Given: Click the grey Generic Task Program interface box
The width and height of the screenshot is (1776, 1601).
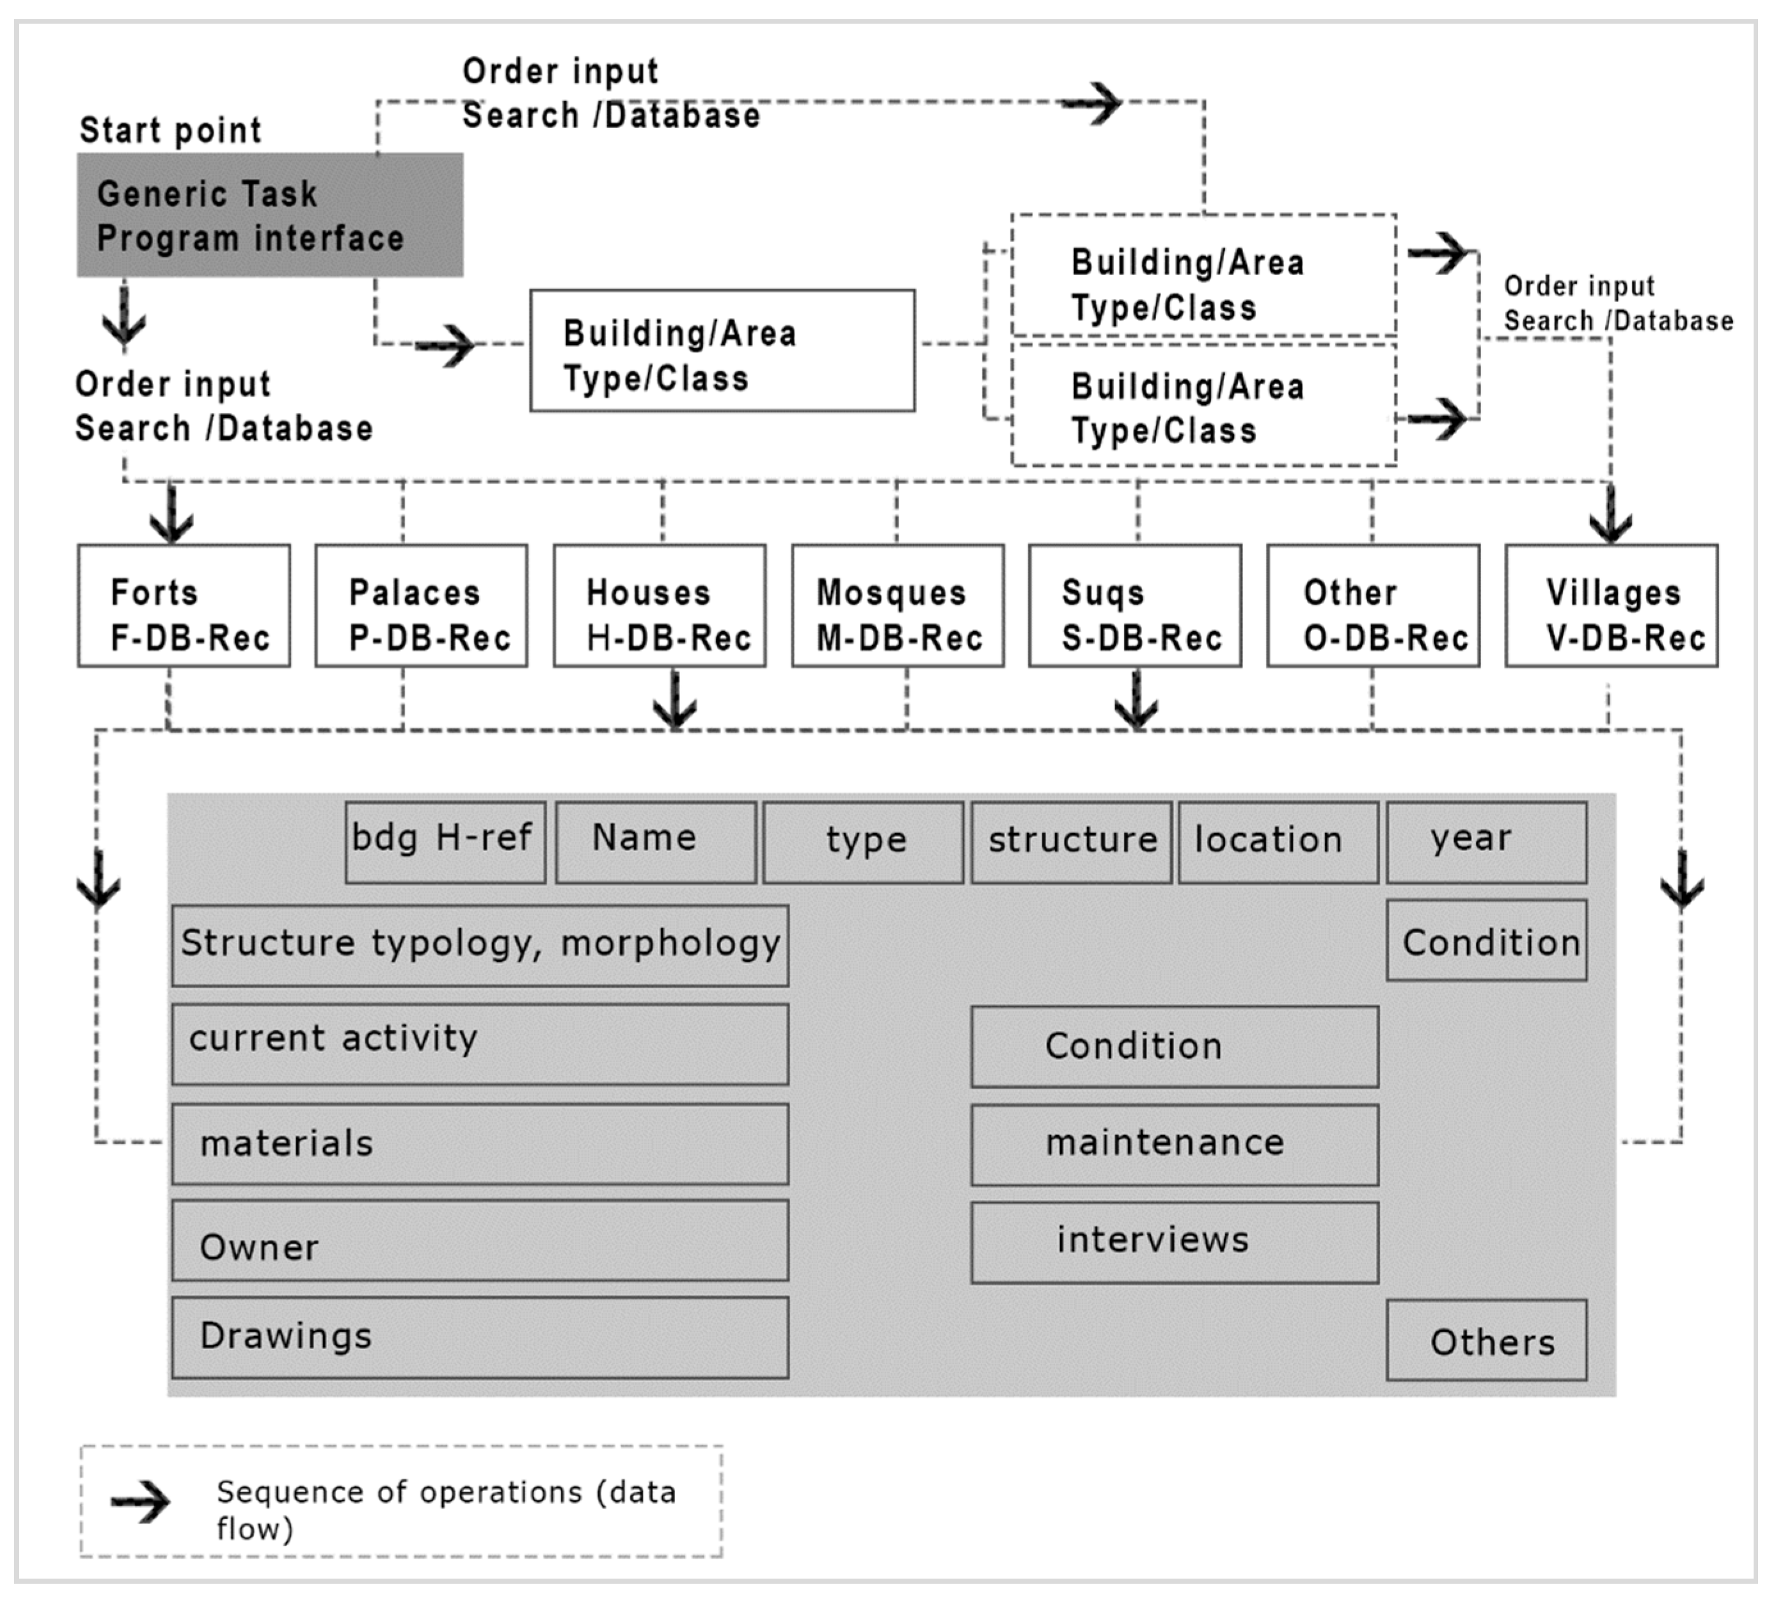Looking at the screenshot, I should tap(269, 216).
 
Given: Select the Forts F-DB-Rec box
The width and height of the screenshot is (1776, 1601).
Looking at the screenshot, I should tap(184, 606).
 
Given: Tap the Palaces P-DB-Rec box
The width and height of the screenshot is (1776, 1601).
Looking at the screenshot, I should tap(422, 606).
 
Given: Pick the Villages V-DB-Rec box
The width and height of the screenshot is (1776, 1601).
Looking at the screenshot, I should tap(1611, 606).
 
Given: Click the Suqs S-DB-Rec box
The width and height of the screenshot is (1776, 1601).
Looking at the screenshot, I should tap(1135, 606).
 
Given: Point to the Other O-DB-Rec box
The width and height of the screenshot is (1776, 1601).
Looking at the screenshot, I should tap(1372, 606).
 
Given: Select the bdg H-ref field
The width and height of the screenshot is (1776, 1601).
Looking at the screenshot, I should tap(445, 842).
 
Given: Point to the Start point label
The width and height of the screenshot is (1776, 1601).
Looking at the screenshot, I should tap(171, 130).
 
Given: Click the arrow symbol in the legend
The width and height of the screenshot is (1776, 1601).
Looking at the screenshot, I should tap(141, 1502).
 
